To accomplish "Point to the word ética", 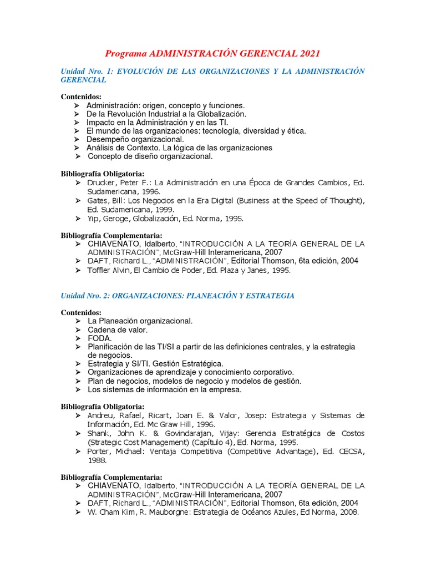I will (x=296, y=131).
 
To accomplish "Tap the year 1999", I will (x=165, y=210).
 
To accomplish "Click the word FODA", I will (x=100, y=338).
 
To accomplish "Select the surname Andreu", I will (x=100, y=415).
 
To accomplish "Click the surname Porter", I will (x=100, y=452).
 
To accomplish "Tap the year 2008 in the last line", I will (x=349, y=512).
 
